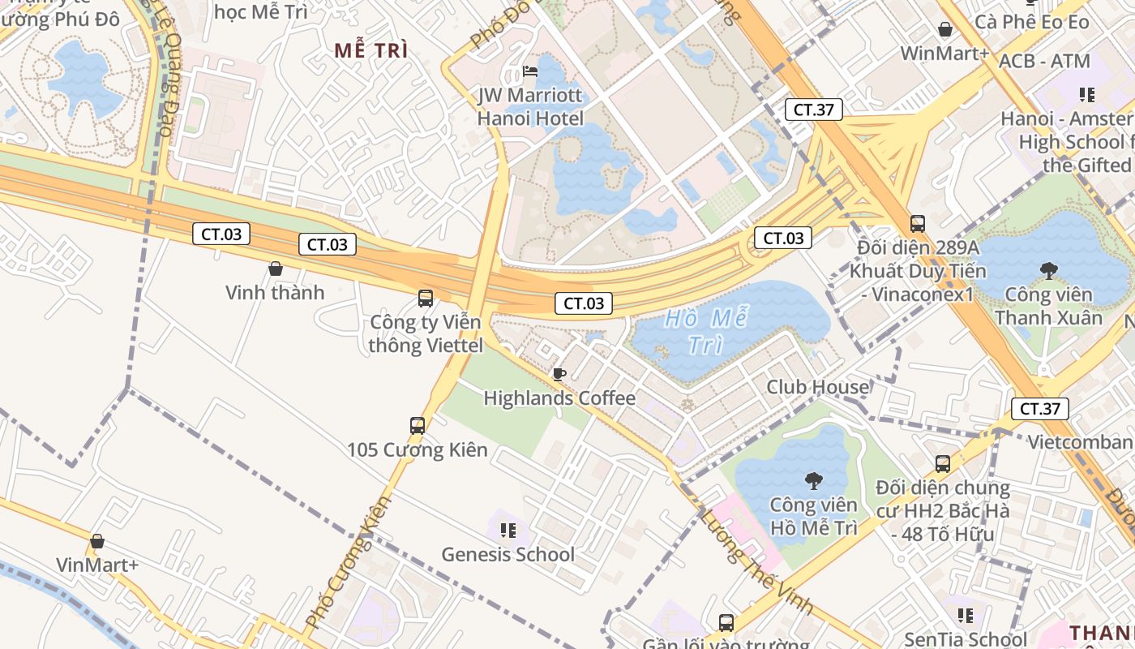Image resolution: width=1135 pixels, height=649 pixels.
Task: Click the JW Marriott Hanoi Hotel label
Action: coord(530,106)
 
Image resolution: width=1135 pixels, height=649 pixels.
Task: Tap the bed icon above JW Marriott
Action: coord(530,72)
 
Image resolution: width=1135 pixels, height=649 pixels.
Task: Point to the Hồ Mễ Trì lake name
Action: coord(705,331)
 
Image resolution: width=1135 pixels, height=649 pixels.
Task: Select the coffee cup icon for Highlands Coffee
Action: coord(559,374)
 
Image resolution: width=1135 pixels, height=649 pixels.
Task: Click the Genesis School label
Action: coord(508,555)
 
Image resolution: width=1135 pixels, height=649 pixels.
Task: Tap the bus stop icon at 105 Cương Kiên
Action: coord(418,425)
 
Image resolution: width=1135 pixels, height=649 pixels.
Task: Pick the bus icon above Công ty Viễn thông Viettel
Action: coord(426,298)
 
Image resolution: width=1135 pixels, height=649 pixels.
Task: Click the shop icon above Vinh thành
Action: coord(275,269)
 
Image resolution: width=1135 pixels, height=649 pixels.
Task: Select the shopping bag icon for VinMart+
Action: coord(97,541)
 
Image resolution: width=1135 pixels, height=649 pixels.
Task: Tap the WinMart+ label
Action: coord(945,54)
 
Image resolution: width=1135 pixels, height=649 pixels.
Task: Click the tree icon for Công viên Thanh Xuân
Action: coord(1048,270)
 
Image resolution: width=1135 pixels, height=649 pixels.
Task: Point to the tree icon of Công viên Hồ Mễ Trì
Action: coord(813,481)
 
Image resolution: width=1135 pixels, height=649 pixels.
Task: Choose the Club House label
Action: coord(817,388)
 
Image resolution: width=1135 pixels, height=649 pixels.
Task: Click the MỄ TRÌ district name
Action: coord(371,50)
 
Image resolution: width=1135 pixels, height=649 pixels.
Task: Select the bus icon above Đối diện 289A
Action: coord(918,223)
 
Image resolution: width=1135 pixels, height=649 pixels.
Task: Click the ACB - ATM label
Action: coord(1044,62)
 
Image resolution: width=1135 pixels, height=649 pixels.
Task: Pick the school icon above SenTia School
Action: coord(965,616)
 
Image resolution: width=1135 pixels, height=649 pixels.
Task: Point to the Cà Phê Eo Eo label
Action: coord(1032,22)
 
